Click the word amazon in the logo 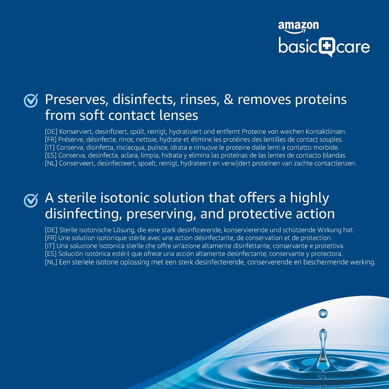(x=298, y=26)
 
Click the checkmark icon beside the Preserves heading (x=31, y=100)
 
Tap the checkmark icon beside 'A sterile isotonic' (x=31, y=200)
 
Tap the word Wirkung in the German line (x=324, y=230)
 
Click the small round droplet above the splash (x=323, y=313)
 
